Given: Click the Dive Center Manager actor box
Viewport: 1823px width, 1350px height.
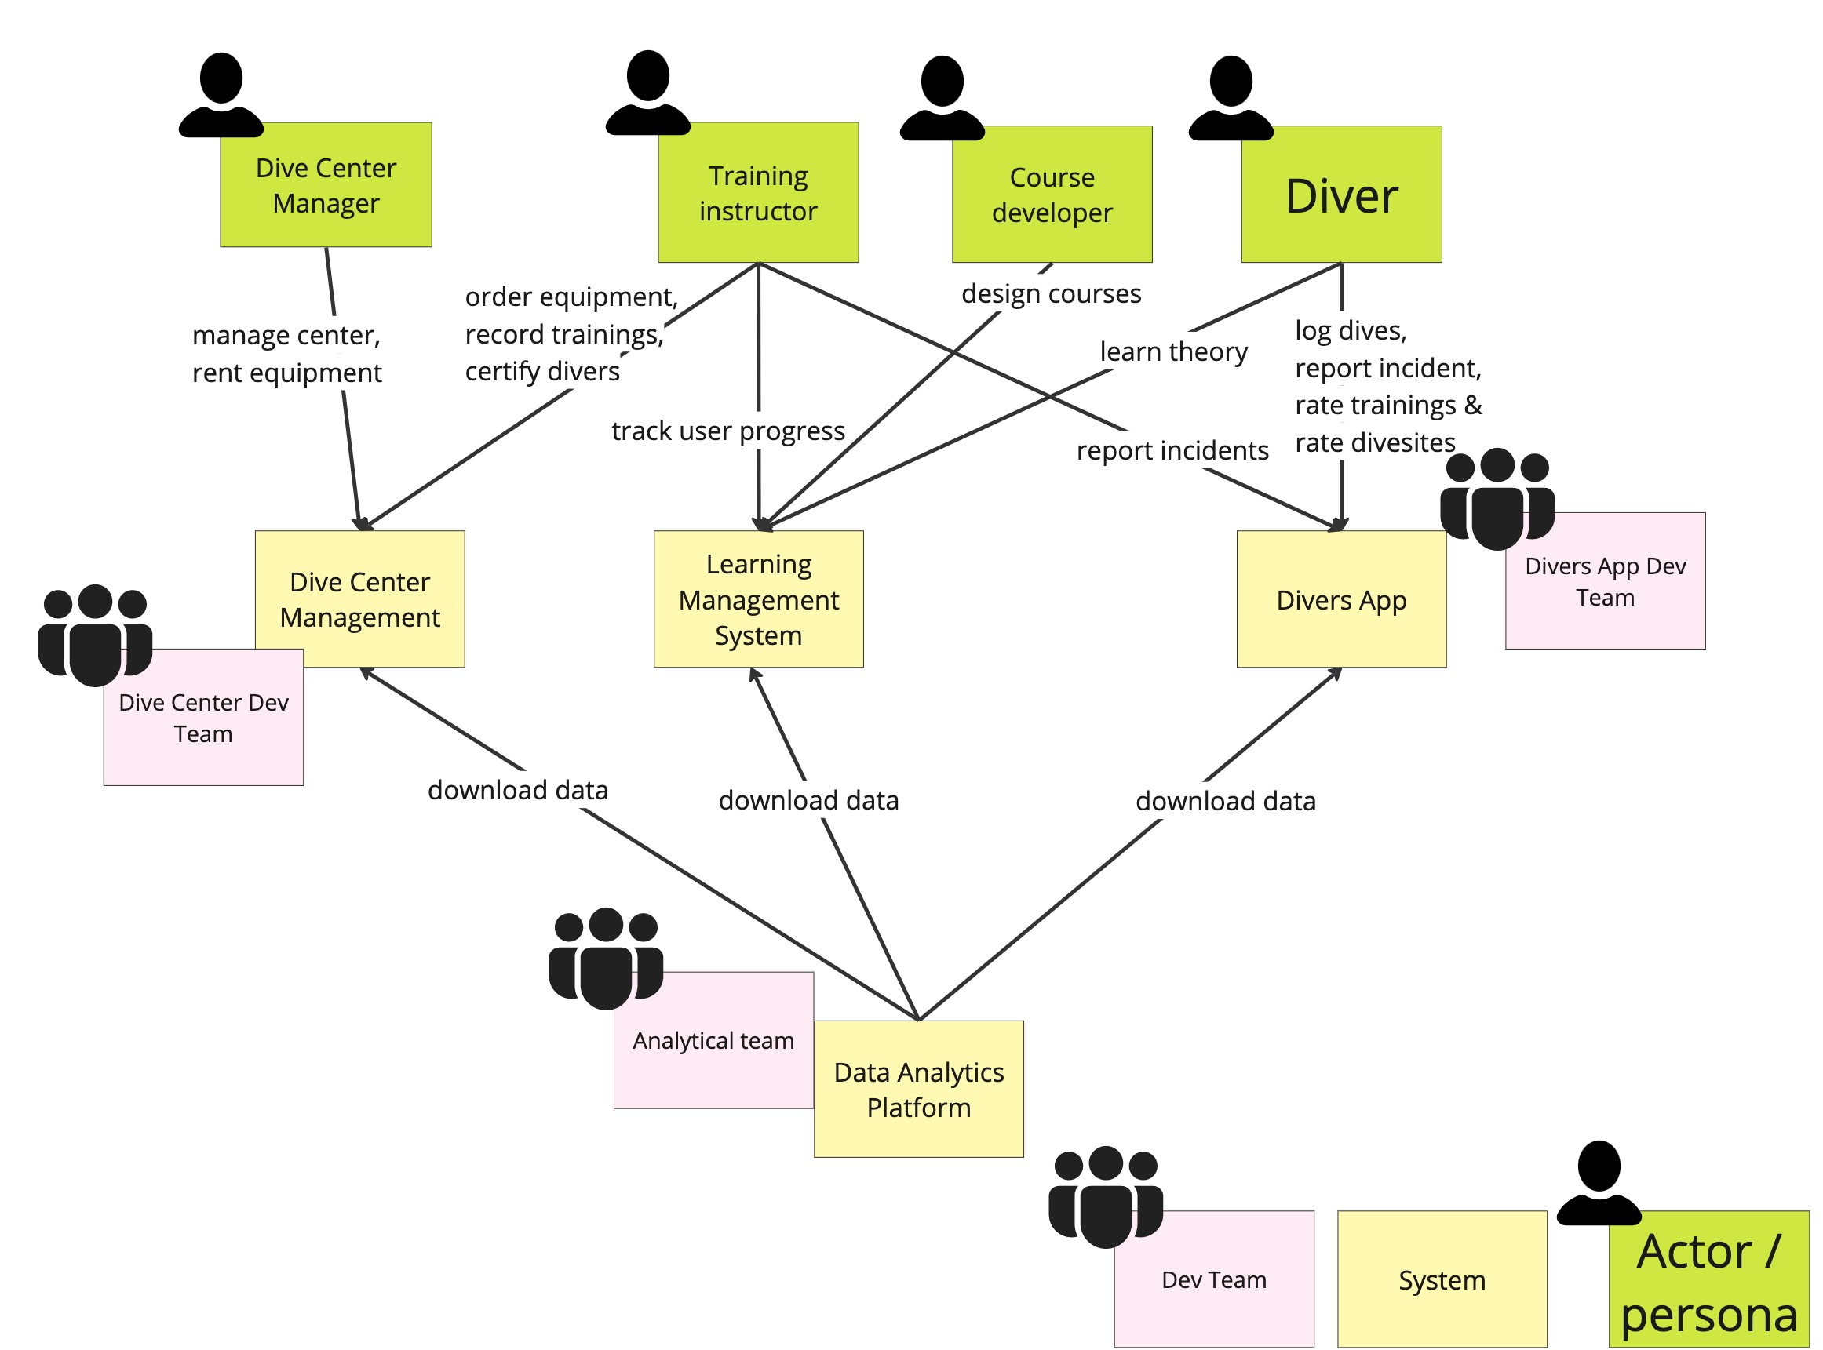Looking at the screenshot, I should [326, 184].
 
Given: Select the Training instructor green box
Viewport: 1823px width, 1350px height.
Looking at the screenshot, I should [758, 193].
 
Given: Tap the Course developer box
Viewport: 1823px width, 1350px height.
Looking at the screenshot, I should [1052, 195].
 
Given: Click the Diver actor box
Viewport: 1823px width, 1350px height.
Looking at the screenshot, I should [1340, 195].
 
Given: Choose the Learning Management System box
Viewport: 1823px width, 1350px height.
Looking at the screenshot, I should [758, 599].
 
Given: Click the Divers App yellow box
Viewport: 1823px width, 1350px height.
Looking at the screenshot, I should [1340, 599].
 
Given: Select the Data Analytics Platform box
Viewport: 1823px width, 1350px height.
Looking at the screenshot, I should [918, 1089].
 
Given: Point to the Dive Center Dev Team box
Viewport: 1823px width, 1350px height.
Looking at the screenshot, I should [202, 719].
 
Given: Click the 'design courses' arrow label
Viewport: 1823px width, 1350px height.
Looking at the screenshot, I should [1051, 293].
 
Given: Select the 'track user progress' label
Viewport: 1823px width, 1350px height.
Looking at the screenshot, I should [727, 431].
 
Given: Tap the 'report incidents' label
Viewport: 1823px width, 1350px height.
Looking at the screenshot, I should [1172, 450].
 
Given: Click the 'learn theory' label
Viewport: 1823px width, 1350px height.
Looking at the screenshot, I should [1173, 351].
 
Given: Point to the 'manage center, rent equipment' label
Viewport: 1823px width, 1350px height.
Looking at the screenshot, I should [286, 354].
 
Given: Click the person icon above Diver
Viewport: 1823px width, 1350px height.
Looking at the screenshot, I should [1231, 96].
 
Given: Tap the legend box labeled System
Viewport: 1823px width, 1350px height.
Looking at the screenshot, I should [1442, 1279].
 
